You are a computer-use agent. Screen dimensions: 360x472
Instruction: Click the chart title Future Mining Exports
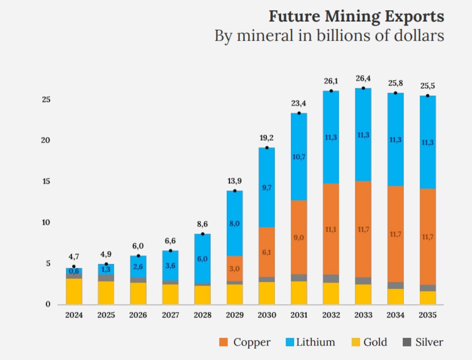click(x=356, y=17)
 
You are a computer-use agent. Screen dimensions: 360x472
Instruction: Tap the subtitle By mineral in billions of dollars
click(x=329, y=36)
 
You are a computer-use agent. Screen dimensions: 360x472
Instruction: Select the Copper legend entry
click(x=245, y=342)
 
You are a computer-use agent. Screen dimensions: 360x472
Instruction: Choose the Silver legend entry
click(x=423, y=342)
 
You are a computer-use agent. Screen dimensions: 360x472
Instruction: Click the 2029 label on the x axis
click(x=235, y=315)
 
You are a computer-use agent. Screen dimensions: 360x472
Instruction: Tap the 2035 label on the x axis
click(x=428, y=315)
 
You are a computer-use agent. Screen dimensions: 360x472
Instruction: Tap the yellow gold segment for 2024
click(x=74, y=291)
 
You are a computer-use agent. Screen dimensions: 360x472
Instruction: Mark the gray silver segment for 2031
click(x=299, y=278)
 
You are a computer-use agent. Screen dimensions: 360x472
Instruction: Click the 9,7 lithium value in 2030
click(x=267, y=188)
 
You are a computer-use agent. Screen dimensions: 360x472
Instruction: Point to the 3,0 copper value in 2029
click(x=235, y=269)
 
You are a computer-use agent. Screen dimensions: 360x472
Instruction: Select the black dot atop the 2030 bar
click(x=267, y=148)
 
